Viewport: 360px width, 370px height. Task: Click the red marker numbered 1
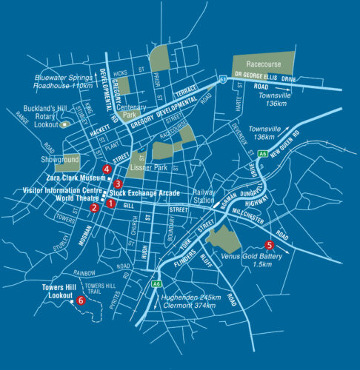click(110, 203)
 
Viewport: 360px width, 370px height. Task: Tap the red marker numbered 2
click(94, 208)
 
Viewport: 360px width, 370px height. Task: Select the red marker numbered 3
click(118, 184)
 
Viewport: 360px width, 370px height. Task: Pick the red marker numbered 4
click(108, 169)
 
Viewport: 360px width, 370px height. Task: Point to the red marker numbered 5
click(269, 244)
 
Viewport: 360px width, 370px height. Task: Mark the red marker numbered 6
click(81, 300)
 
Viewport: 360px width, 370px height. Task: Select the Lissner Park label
click(147, 169)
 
